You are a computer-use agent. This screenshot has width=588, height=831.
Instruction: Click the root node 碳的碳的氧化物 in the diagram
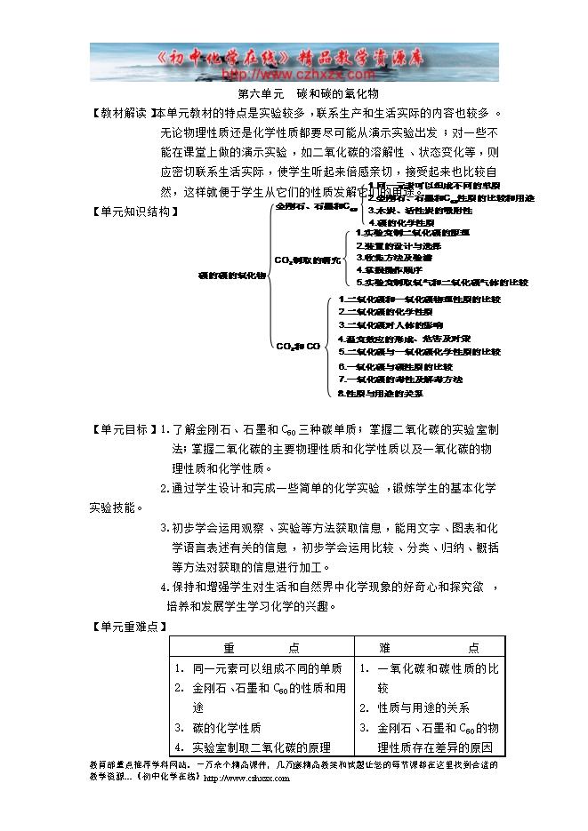pyautogui.click(x=231, y=276)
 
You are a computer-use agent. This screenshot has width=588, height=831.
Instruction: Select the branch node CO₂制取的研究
pyautogui.click(x=308, y=260)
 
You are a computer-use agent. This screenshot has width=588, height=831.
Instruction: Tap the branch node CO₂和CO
pyautogui.click(x=297, y=346)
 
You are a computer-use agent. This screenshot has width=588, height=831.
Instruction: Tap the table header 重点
pyautogui.click(x=262, y=648)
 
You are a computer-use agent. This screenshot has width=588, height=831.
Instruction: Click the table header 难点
pyautogui.click(x=430, y=648)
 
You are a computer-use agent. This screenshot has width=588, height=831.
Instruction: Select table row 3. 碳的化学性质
pyautogui.click(x=226, y=728)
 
